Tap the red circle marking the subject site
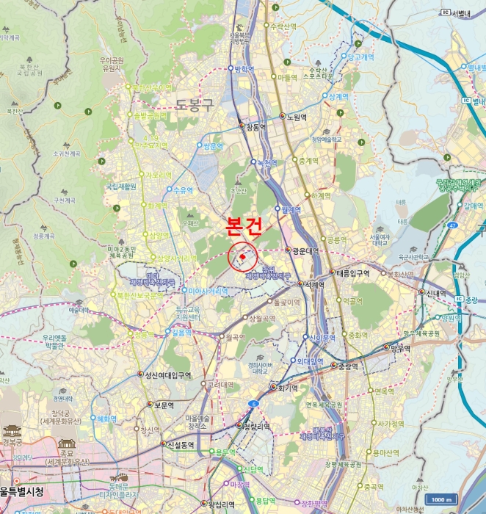(242, 257)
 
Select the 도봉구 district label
(195, 104)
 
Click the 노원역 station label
(296, 117)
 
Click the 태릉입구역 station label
(352, 273)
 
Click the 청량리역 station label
(256, 426)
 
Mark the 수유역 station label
(183, 189)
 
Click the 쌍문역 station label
(211, 146)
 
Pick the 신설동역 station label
(181, 444)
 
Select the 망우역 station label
(399, 347)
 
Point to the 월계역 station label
(291, 209)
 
